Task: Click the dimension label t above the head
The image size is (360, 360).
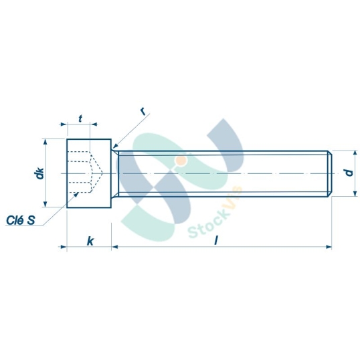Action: [x=80, y=118]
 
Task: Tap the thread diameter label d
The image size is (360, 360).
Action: [x=347, y=173]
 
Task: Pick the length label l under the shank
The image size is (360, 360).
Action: [x=216, y=240]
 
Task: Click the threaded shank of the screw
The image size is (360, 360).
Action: [x=221, y=173]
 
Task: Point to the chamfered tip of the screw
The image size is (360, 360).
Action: [x=329, y=173]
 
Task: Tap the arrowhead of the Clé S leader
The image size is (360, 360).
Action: [x=77, y=195]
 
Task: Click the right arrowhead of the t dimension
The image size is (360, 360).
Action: [x=93, y=124]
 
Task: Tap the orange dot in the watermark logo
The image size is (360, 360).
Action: [x=181, y=161]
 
